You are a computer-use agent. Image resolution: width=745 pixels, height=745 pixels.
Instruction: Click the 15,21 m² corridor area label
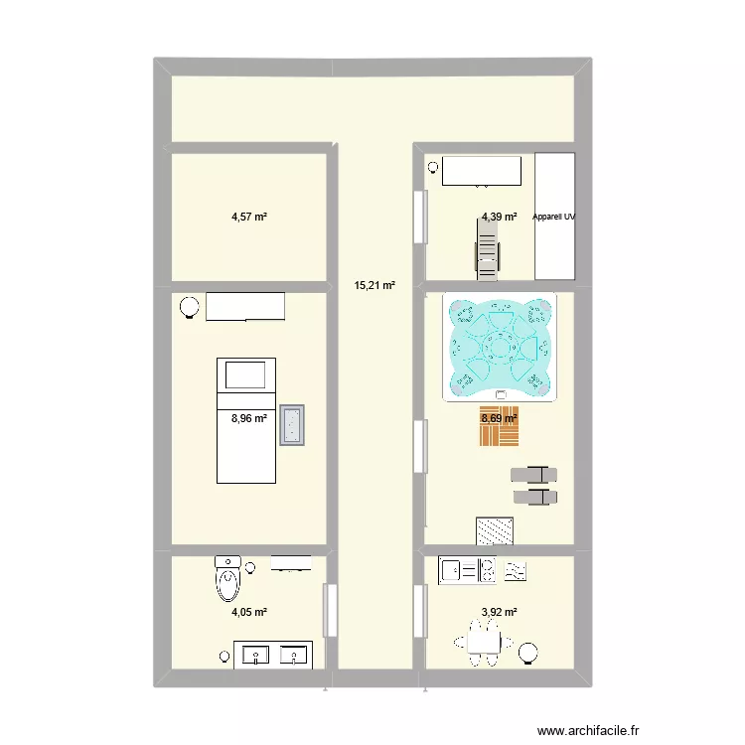pos(374,286)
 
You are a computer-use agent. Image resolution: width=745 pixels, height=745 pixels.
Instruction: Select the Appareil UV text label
pos(554,216)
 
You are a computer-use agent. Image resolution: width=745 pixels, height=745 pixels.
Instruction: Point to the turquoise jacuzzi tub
pos(498,349)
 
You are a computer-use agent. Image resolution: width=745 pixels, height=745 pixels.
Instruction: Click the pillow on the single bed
pos(245,374)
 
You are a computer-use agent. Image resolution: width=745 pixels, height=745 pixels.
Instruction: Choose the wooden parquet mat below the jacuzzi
pos(499,426)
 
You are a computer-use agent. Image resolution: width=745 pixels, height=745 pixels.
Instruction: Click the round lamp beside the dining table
pos(529,653)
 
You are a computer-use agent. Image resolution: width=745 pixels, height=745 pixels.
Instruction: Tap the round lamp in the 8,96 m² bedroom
pos(188,309)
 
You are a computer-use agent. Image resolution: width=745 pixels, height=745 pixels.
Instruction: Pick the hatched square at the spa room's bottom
pos(495,531)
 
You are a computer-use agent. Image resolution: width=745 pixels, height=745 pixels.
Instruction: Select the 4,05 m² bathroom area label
pos(249,612)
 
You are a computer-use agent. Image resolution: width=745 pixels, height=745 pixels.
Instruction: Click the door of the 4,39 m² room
pos(420,216)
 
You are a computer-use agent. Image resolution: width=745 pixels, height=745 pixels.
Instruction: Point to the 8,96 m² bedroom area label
pos(249,418)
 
